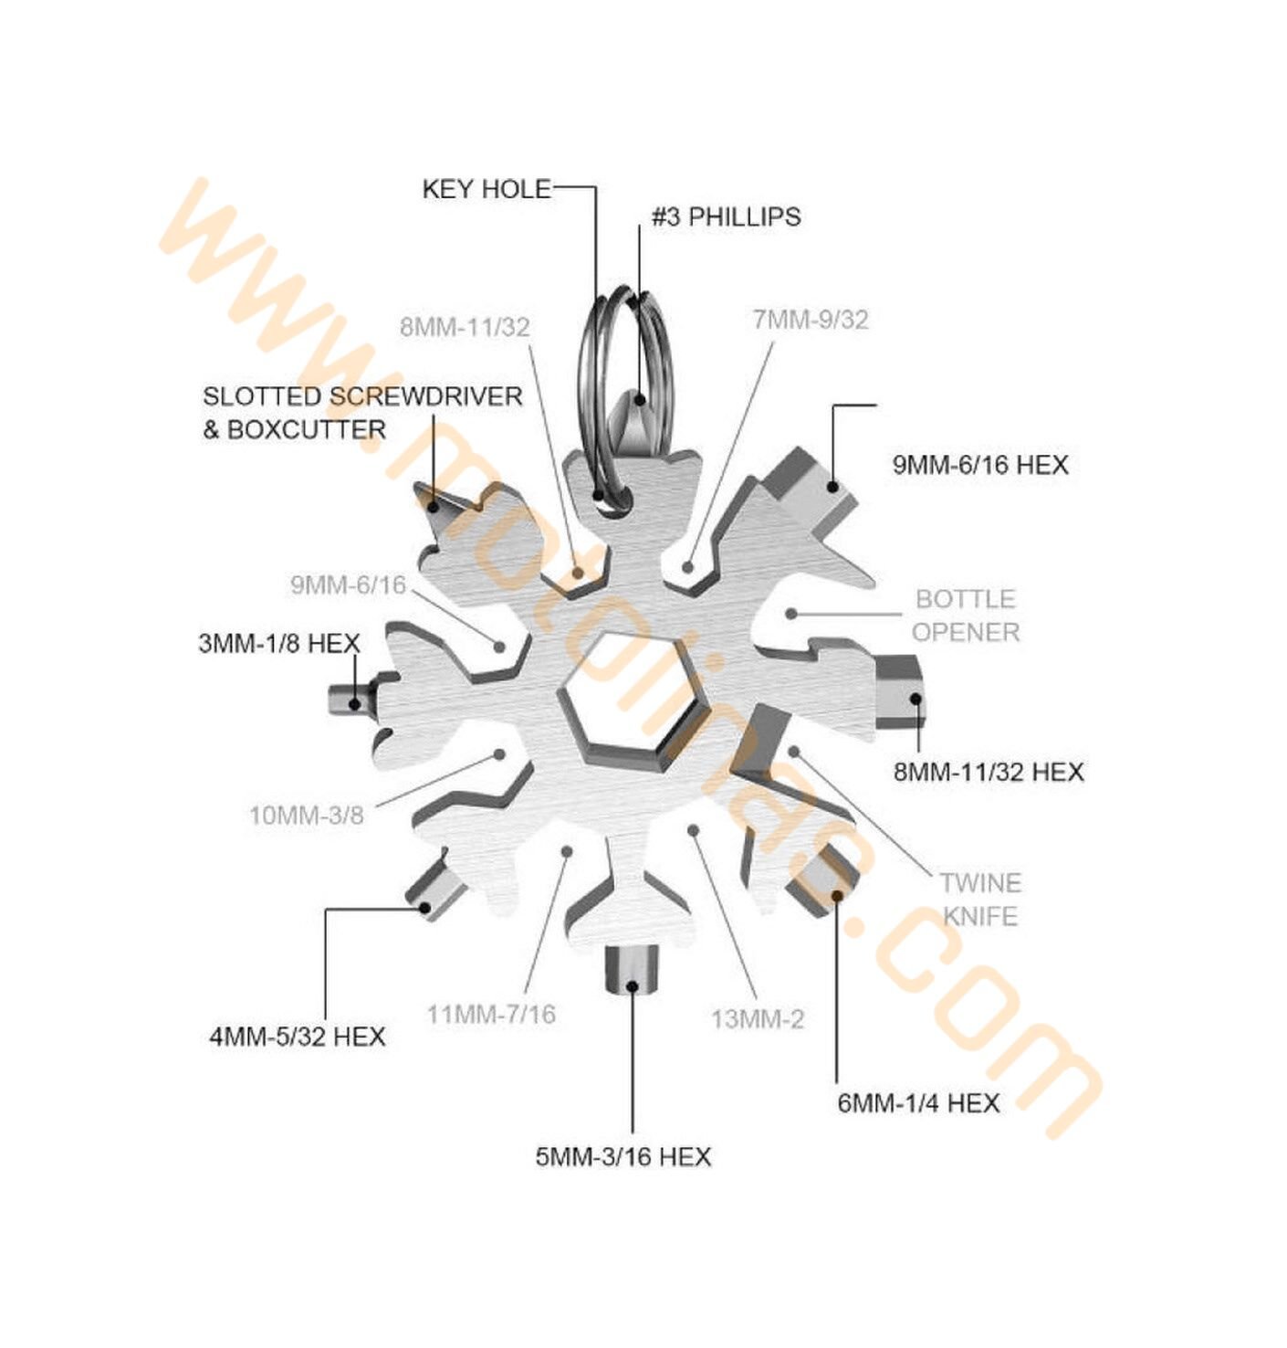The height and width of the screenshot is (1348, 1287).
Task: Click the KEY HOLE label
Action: point(486,189)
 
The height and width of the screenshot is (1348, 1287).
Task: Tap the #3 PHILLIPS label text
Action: point(726,216)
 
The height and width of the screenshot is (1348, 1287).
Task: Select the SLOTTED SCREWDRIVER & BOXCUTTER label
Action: point(362,413)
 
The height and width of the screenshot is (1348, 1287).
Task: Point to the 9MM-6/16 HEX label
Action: point(980,465)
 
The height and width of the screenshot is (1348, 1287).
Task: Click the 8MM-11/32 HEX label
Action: point(988,772)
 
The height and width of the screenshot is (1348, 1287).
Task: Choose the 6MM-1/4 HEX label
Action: point(918,1102)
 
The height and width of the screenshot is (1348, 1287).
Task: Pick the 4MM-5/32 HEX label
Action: point(297,1037)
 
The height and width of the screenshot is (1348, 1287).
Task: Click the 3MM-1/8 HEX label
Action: point(279,644)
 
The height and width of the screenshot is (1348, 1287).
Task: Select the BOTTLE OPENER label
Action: point(966,616)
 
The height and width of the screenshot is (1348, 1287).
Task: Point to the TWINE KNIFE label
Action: point(980,900)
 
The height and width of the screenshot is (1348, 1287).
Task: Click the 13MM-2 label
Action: point(758,1019)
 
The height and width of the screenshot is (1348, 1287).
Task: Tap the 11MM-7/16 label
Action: point(491,1015)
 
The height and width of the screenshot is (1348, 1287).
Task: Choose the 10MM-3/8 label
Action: point(306,816)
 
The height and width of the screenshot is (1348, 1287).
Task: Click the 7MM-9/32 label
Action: point(810,320)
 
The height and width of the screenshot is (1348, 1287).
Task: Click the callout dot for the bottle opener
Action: point(791,614)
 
